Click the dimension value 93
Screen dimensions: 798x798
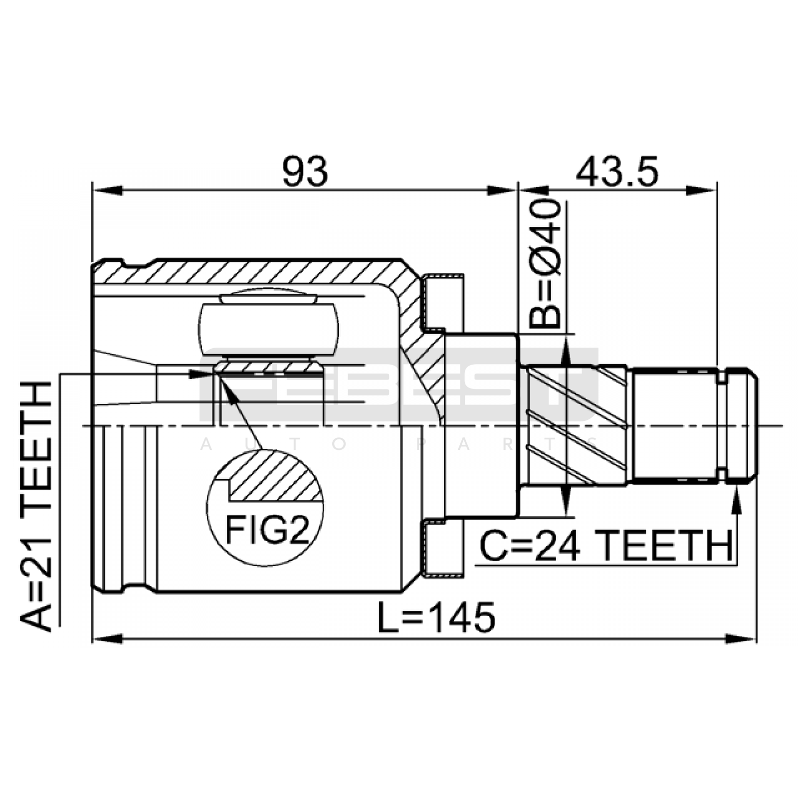coord(305,171)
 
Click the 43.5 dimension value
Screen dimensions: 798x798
coord(617,171)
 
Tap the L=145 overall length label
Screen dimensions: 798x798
coord(436,617)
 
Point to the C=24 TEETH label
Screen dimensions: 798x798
coord(605,546)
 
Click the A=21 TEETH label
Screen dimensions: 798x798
coord(35,506)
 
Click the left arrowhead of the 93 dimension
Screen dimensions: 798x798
coord(107,190)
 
